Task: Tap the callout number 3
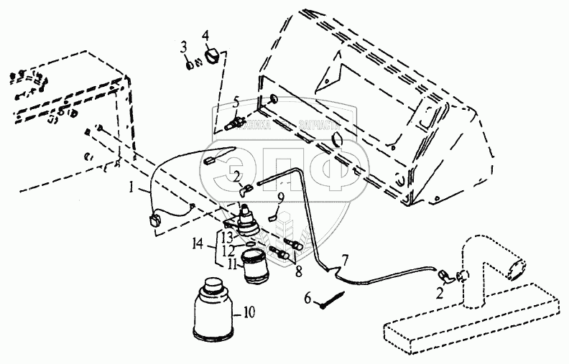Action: [183, 48]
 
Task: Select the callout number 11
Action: [233, 265]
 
